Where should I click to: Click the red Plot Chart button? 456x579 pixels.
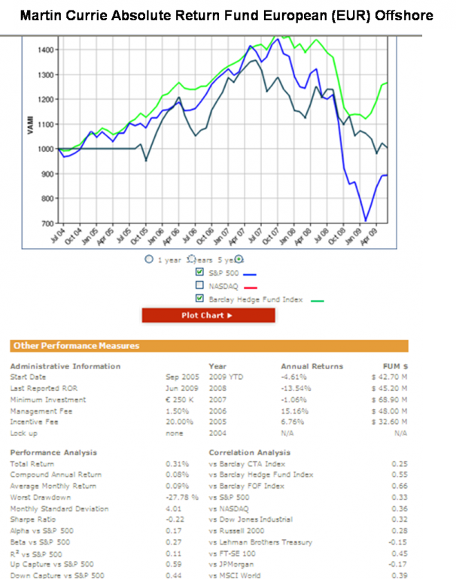coord(207,315)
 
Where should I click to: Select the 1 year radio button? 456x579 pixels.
coord(149,259)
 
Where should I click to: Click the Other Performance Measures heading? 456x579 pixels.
coord(74,346)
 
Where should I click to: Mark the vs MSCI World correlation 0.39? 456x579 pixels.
coord(400,575)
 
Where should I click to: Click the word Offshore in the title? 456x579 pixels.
coord(406,14)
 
